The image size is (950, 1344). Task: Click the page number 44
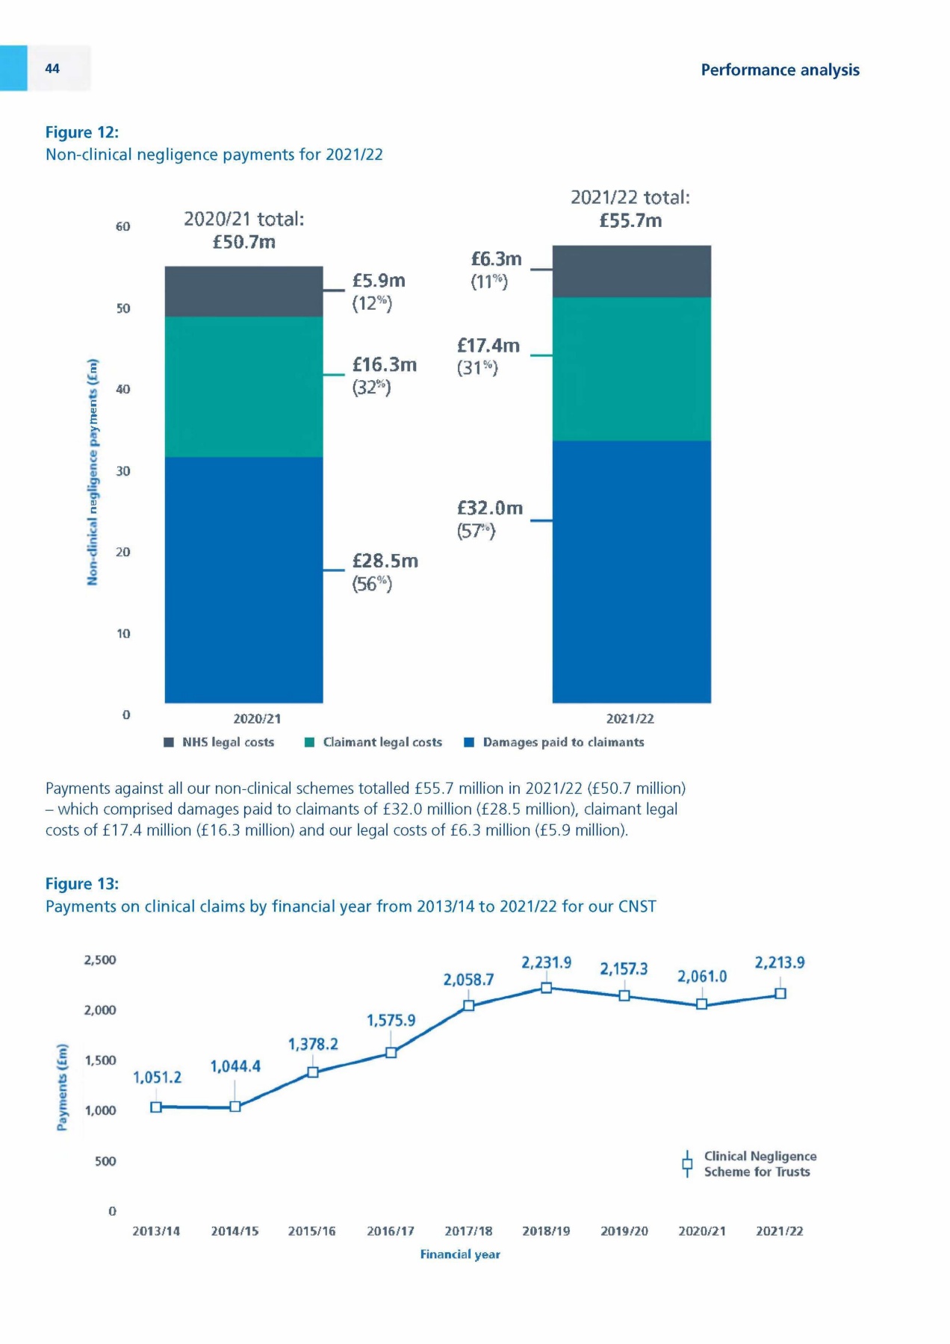(x=52, y=69)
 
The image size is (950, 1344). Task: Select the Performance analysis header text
(x=780, y=70)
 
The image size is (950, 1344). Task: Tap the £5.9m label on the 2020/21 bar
(x=379, y=281)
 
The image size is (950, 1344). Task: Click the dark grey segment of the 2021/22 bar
(x=631, y=272)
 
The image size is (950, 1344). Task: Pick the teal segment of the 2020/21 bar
(x=243, y=387)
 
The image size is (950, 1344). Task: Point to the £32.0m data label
(x=490, y=508)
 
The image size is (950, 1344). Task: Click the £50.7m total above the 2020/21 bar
(x=244, y=242)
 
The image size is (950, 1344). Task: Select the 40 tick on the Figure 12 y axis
(x=123, y=389)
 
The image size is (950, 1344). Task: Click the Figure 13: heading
(x=82, y=884)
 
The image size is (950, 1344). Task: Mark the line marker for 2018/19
(x=546, y=988)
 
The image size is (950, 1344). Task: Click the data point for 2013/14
(x=156, y=1107)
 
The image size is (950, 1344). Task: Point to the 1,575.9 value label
(x=391, y=1020)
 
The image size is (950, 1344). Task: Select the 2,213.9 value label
(x=780, y=962)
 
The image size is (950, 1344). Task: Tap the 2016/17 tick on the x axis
(x=391, y=1231)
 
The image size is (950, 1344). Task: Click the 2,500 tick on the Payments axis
(x=100, y=960)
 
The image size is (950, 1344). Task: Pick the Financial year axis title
(x=460, y=1254)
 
